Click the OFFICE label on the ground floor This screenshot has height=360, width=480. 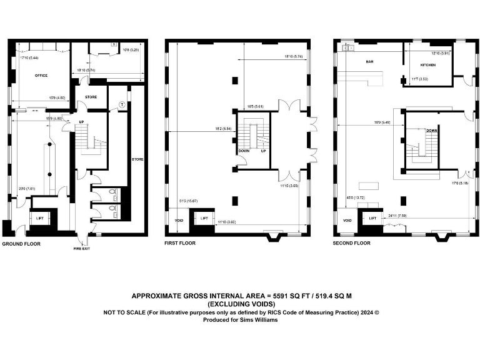[41, 76]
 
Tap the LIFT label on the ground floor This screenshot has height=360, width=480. [39, 218]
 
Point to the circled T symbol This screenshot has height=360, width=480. [122, 104]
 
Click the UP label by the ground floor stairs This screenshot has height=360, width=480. [81, 122]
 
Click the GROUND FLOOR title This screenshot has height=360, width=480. [21, 244]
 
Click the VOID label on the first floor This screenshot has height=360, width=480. [178, 220]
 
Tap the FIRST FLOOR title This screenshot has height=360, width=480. [180, 243]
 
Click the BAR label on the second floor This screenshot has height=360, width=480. [369, 62]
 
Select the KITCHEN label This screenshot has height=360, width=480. [427, 65]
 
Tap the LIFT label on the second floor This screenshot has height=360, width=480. [372, 218]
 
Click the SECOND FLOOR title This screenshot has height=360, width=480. [352, 243]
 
